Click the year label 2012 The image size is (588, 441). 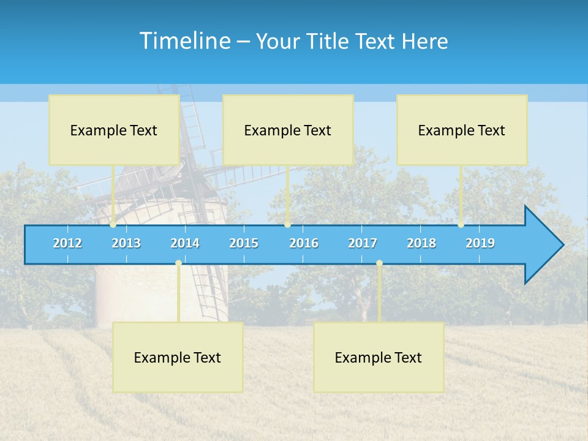pyautogui.click(x=67, y=243)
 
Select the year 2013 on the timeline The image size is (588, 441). pyautogui.click(x=126, y=243)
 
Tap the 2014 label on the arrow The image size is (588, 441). pyautogui.click(x=185, y=243)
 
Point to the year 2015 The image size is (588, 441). pyautogui.click(x=244, y=243)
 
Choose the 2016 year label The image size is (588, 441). pyautogui.click(x=304, y=243)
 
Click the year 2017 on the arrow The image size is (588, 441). pyautogui.click(x=363, y=243)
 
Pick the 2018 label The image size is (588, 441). pyautogui.click(x=421, y=243)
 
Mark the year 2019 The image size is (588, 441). pyautogui.click(x=480, y=243)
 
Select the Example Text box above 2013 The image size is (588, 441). pyautogui.click(x=114, y=130)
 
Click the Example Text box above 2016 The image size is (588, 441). pyautogui.click(x=288, y=130)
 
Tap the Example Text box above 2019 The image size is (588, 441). pyautogui.click(x=462, y=130)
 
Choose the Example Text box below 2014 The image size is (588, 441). pyautogui.click(x=178, y=357)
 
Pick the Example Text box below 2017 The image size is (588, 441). pyautogui.click(x=379, y=357)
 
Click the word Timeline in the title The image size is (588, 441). pyautogui.click(x=184, y=41)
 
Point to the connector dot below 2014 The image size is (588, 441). pyautogui.click(x=178, y=263)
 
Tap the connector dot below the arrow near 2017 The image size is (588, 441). pyautogui.click(x=379, y=263)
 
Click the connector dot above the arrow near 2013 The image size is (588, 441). pyautogui.click(x=113, y=225)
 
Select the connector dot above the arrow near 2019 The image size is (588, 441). pyautogui.click(x=461, y=225)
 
